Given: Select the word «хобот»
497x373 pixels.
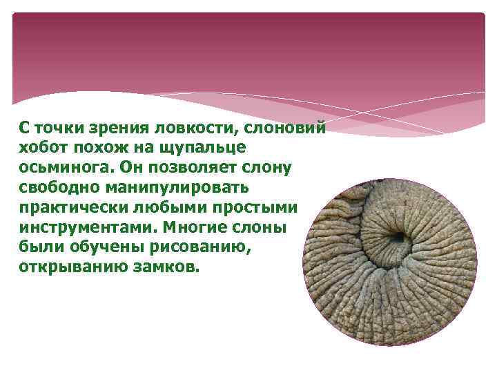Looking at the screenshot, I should click(40, 148).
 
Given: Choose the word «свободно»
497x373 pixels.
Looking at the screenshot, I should click(54, 188).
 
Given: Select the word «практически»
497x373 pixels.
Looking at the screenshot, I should click(68, 208).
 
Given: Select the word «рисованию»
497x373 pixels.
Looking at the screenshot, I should click(194, 247).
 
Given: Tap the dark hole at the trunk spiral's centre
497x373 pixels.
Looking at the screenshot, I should click(398, 238).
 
